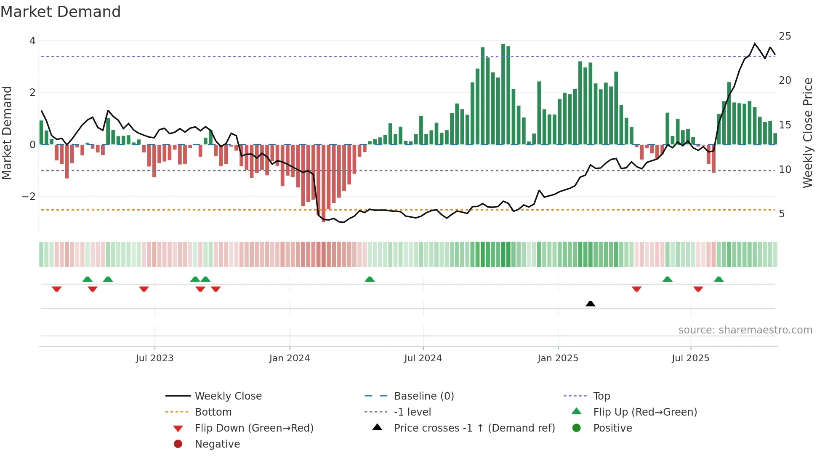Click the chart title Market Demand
coord(61,12)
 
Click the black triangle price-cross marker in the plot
coord(590,304)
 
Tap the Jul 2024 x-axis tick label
coord(423,358)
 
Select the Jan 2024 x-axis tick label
coord(289,358)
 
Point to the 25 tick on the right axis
coord(785,36)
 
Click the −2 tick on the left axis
coord(29,197)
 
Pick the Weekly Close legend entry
coord(228,396)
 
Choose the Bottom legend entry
coord(213,412)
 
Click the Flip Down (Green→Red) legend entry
coord(254,428)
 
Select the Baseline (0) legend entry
coord(423,396)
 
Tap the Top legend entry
coord(601,396)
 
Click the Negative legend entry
coord(217,444)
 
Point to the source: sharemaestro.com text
coord(745,330)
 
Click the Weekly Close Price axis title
coord(807,133)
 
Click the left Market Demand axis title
coord(7,133)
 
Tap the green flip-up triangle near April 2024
coord(370,279)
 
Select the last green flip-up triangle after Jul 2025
coord(719,279)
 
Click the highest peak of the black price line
coord(755,43)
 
